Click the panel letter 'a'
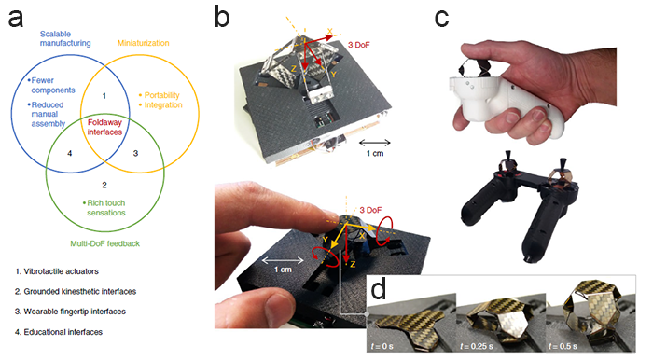click(x=16, y=19)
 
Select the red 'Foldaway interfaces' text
click(x=104, y=127)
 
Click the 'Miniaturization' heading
click(x=144, y=43)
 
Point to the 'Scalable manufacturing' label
click(x=65, y=38)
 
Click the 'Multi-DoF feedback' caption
click(x=104, y=243)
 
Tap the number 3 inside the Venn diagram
click(x=135, y=153)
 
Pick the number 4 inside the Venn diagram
click(x=70, y=153)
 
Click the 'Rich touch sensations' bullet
click(x=104, y=208)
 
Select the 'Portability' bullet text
click(x=161, y=95)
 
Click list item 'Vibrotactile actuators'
click(x=57, y=271)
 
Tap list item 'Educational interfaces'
click(x=59, y=332)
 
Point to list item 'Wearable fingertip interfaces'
click(x=70, y=312)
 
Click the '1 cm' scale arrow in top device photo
click(x=375, y=143)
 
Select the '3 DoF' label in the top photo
click(x=358, y=45)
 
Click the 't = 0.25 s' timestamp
click(x=477, y=346)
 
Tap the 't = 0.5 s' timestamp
click(x=563, y=346)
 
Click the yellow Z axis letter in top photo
click(x=294, y=69)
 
